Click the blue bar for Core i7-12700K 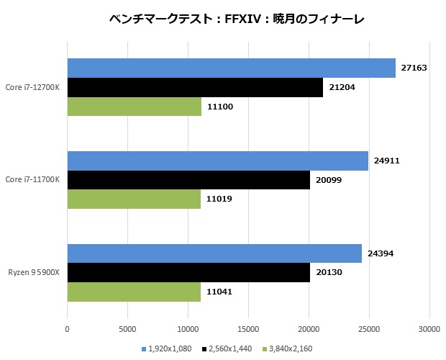click(231, 68)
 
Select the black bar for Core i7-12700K click(195, 87)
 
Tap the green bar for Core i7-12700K click(134, 107)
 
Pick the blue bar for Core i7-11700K click(217, 161)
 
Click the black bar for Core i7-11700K click(188, 180)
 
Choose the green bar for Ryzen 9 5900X click(134, 292)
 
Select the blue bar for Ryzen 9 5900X click(214, 253)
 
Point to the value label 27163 click(415, 68)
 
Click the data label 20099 click(329, 180)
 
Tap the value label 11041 click(220, 292)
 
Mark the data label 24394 click(381, 253)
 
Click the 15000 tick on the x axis click(248, 329)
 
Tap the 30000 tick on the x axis click(429, 329)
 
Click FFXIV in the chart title click(233, 19)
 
